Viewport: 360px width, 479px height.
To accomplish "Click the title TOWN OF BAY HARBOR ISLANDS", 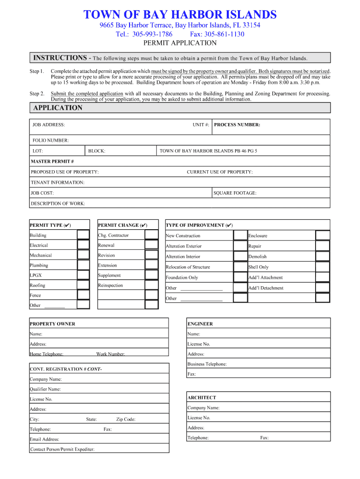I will click(180, 15).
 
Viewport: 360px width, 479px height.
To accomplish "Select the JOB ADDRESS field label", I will click(49, 125).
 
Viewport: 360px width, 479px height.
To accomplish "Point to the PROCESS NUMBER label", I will click(237, 125).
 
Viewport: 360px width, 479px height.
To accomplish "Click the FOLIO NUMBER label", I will click(50, 140).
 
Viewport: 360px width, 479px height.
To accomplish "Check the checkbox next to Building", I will click(83, 235).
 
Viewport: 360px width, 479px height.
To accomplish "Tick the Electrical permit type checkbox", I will click(83, 245).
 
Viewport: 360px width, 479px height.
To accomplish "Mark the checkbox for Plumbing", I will click(83, 265).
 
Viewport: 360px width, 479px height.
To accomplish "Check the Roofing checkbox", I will click(83, 285).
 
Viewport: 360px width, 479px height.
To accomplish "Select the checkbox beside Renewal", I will click(151, 245).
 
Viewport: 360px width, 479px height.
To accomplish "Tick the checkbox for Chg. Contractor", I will click(151, 235).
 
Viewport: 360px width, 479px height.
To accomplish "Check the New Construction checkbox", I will click(240, 236).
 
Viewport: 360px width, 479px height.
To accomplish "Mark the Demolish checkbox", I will click(323, 256).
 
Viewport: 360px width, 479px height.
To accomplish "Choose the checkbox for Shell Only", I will click(323, 267).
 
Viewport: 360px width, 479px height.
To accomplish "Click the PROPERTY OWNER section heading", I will click(52, 324).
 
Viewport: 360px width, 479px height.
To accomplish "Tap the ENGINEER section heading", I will click(200, 324).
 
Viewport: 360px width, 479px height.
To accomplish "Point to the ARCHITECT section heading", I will click(202, 398).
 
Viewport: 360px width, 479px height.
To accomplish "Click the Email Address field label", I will click(44, 439).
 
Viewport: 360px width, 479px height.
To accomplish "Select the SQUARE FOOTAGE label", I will click(235, 193).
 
